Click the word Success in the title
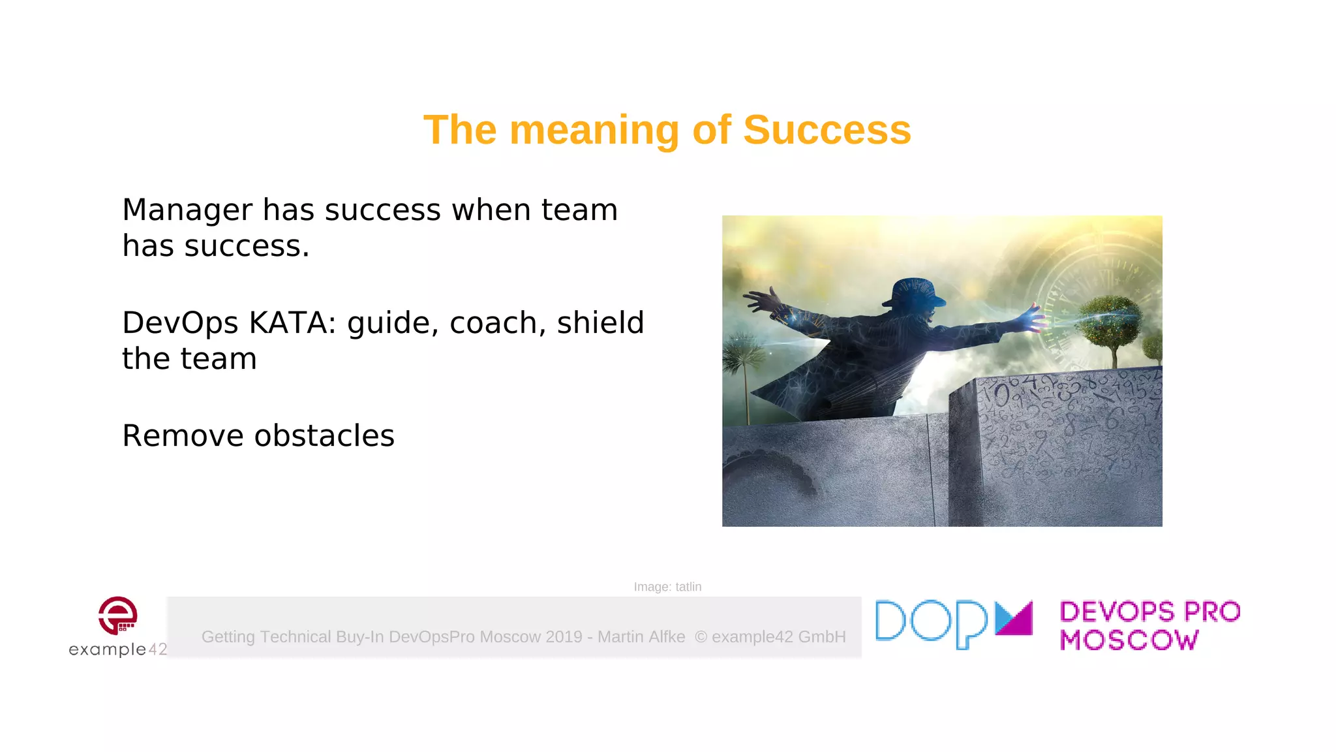click(x=827, y=130)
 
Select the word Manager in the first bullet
click(x=187, y=210)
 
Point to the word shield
click(x=600, y=322)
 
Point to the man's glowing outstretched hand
click(x=1033, y=319)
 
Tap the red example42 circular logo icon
click(x=117, y=615)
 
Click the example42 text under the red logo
click(x=117, y=649)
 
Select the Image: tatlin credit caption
click(x=667, y=587)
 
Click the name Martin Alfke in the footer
click(x=641, y=636)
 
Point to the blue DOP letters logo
click(x=932, y=623)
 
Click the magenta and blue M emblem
click(x=1014, y=618)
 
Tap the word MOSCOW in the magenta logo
click(x=1129, y=640)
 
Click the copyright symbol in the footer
click(x=701, y=636)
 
